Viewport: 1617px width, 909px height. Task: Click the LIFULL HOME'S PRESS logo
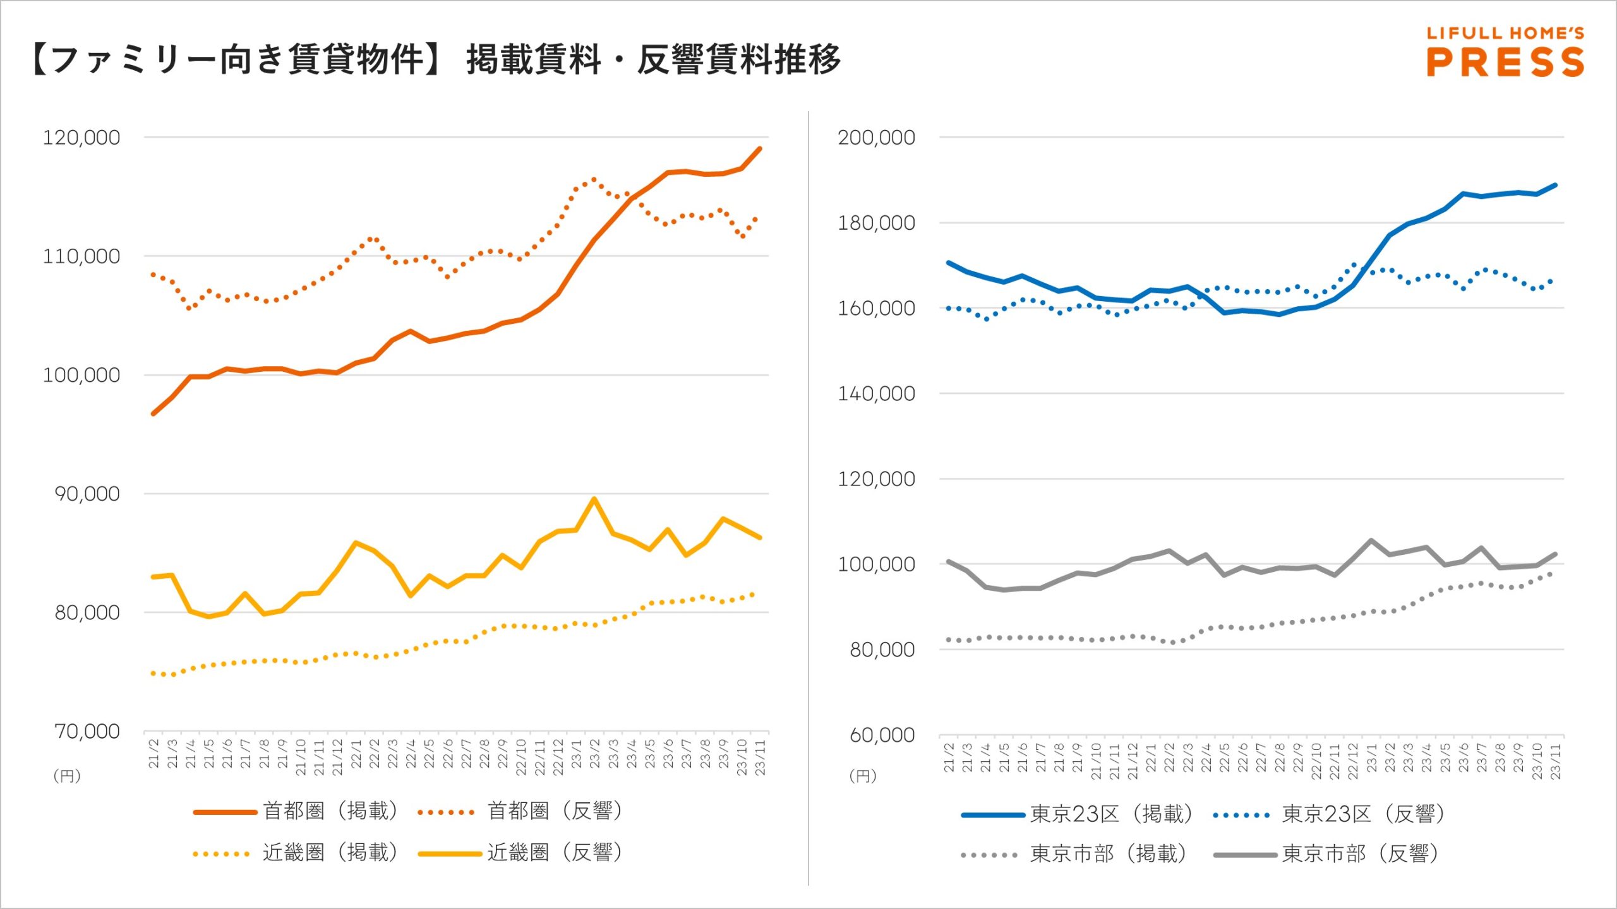(x=1505, y=52)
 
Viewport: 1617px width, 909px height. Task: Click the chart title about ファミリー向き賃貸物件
(x=436, y=60)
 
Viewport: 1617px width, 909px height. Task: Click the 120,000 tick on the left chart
(x=81, y=138)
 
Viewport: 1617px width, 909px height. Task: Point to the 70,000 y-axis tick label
(x=87, y=732)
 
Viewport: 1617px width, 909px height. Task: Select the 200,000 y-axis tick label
(x=876, y=138)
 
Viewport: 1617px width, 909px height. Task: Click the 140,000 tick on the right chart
(x=876, y=394)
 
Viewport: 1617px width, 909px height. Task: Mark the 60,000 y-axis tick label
(x=882, y=735)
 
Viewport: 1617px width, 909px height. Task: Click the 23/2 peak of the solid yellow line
(x=594, y=499)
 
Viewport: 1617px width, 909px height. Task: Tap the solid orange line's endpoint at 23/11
(x=760, y=148)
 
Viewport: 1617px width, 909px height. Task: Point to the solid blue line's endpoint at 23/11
(x=1555, y=185)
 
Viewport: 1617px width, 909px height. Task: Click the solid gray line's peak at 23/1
(x=1371, y=540)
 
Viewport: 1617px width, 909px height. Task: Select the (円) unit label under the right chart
(x=863, y=776)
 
